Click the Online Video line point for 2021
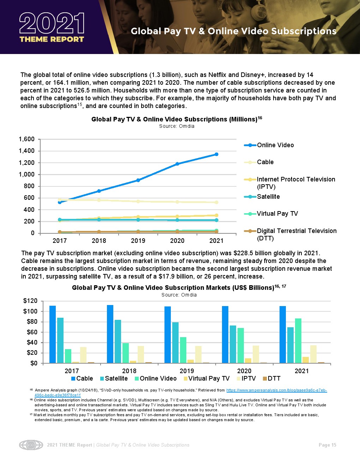coord(216,154)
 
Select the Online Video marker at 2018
coord(99,191)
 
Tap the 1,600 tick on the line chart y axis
coord(27,139)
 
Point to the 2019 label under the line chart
coord(138,241)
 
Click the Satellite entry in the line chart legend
coord(268,197)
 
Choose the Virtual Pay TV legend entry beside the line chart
coord(277,214)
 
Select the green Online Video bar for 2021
coord(298,341)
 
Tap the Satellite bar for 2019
coord(175,342)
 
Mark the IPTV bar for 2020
coord(256,354)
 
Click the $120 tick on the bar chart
coord(30,301)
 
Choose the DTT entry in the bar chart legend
coord(274,378)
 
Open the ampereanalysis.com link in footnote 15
coord(276,390)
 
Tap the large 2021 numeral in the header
coord(52,24)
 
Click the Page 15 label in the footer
coord(327,445)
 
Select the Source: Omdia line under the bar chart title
coord(179,295)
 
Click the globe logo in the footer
coord(31,445)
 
